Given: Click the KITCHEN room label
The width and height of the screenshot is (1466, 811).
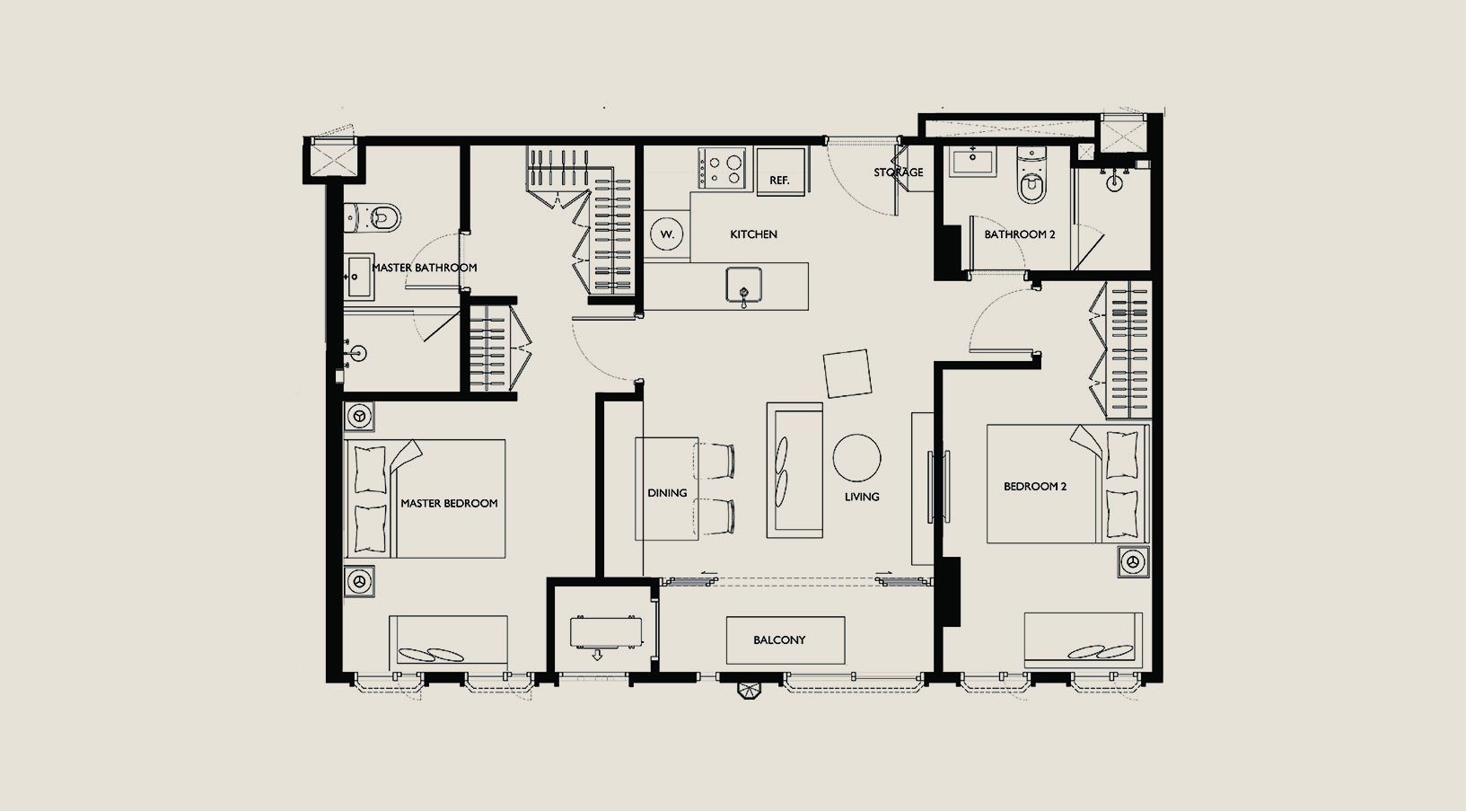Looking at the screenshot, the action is coord(753,234).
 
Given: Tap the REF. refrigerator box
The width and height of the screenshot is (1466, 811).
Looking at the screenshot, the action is coord(781,172).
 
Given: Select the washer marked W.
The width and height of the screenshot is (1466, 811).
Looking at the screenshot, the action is coord(667,234).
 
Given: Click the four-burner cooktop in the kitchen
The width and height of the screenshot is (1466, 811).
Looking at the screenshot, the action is coord(724,168).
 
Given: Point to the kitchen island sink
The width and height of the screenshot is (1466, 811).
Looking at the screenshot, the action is coord(743,286).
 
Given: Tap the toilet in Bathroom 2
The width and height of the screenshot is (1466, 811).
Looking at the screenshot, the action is coord(1031,175).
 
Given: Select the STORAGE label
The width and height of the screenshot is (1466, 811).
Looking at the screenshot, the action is coord(898,172).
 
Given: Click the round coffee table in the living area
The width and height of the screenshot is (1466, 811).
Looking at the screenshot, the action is coord(856,458).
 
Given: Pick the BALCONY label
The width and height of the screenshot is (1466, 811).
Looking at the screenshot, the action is coord(779,640).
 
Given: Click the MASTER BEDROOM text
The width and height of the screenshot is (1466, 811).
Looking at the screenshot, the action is coord(449,503).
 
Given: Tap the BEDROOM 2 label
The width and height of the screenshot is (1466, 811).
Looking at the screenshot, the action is coord(1035,487).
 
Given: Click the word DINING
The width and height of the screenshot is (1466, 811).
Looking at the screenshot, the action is coord(667,493).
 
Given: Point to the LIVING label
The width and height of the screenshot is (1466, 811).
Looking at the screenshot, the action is coord(861,497).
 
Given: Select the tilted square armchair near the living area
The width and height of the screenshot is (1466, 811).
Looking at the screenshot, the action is coord(847,373).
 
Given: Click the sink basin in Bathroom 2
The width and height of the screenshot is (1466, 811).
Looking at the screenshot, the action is coord(972,161).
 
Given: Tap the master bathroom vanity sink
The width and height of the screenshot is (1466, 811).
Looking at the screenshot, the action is coord(359,277).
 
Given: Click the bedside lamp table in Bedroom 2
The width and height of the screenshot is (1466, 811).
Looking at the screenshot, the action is coord(1133,561).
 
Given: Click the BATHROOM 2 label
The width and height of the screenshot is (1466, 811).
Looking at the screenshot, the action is coord(1020,234).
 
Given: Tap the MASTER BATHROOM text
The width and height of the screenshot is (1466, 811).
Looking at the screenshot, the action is coord(424,268).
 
